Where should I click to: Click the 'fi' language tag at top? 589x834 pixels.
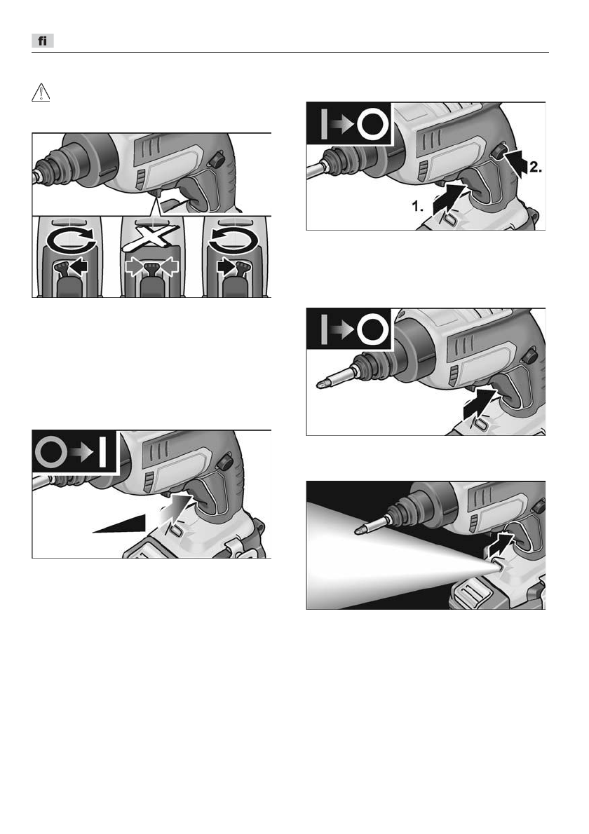pyautogui.click(x=43, y=41)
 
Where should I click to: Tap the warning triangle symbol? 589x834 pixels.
pyautogui.click(x=41, y=93)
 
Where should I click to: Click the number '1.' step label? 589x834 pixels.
pyautogui.click(x=419, y=206)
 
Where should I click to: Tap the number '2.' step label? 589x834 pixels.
pyautogui.click(x=535, y=168)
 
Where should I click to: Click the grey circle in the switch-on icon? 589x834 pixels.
pyautogui.click(x=51, y=452)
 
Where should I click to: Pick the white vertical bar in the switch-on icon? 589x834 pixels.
pyautogui.click(x=102, y=452)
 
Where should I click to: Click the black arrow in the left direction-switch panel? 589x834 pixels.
pyautogui.click(x=79, y=266)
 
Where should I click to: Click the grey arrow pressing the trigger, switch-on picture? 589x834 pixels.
pyautogui.click(x=176, y=508)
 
